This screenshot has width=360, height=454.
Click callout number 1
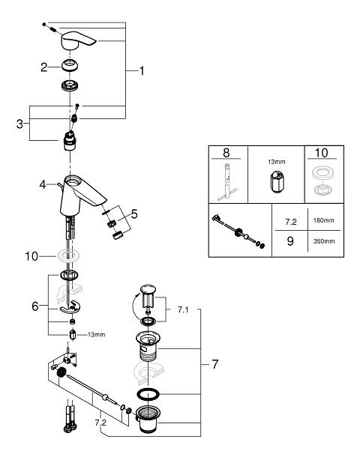click(x=142, y=70)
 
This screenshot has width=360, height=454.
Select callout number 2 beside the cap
click(x=43, y=67)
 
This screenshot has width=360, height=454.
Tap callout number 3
click(x=19, y=124)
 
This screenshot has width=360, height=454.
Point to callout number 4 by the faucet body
click(x=43, y=184)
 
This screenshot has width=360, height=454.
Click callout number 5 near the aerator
click(x=134, y=214)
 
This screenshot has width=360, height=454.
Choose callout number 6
click(x=34, y=306)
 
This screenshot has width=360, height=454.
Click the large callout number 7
click(x=214, y=364)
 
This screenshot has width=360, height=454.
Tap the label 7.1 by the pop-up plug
click(x=183, y=310)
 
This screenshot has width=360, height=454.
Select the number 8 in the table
click(x=226, y=153)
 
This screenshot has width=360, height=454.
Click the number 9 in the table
click(x=290, y=241)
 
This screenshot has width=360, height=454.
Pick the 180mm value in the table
click(x=323, y=220)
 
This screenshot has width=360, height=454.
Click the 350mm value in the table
click(x=324, y=241)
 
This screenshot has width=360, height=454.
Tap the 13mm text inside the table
click(x=276, y=162)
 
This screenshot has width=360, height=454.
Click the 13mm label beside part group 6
click(x=97, y=335)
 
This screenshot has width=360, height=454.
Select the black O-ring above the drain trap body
click(x=148, y=394)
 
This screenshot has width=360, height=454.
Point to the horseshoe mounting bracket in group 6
click(x=70, y=308)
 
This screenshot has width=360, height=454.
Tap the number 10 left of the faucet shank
click(x=31, y=256)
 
